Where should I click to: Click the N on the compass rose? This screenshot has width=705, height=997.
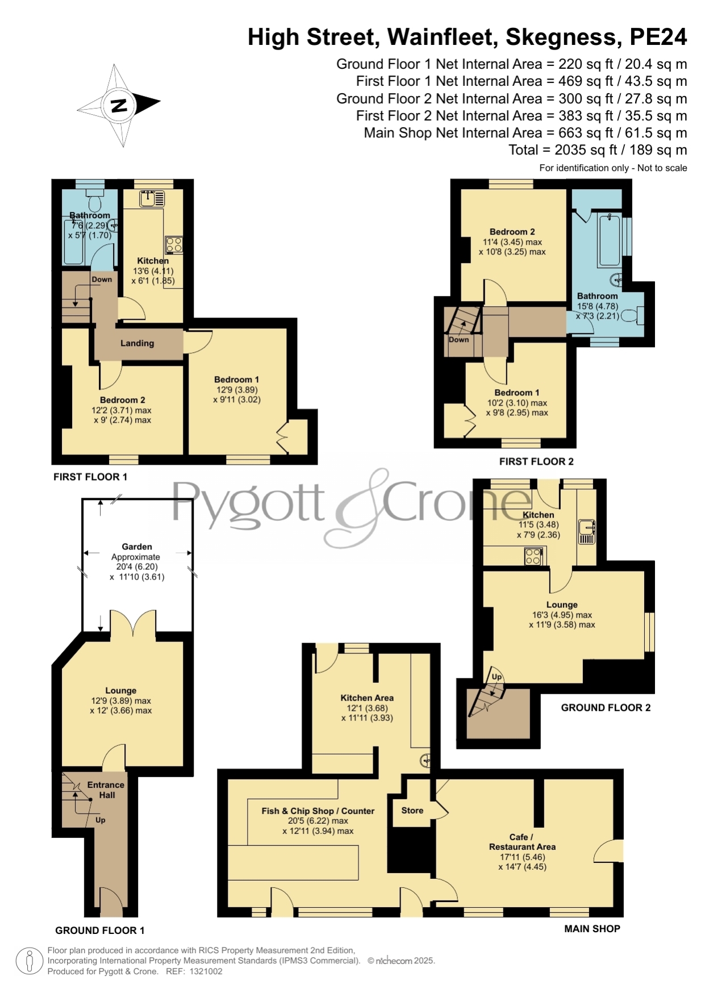(x=119, y=106)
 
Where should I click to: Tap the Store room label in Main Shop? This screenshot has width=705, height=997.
(x=412, y=811)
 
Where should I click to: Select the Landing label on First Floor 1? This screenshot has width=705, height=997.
(x=137, y=343)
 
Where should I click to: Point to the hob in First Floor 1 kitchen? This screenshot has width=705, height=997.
(x=174, y=245)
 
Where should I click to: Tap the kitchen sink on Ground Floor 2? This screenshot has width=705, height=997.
(x=587, y=532)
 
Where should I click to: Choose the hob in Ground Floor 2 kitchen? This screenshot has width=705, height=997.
(x=533, y=556)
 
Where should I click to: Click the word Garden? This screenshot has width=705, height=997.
(x=136, y=547)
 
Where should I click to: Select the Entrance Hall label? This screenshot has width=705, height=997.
(x=106, y=790)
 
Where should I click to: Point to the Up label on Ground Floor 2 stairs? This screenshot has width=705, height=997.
(x=497, y=677)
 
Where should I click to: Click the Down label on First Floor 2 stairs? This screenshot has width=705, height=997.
(x=459, y=340)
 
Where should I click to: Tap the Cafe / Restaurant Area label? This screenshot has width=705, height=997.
(x=522, y=842)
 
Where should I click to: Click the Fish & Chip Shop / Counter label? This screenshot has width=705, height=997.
(x=318, y=811)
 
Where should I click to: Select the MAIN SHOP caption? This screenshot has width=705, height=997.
(x=592, y=929)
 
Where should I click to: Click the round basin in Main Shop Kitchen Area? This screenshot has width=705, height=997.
(x=425, y=761)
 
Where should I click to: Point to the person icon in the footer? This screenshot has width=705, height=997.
(x=30, y=961)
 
